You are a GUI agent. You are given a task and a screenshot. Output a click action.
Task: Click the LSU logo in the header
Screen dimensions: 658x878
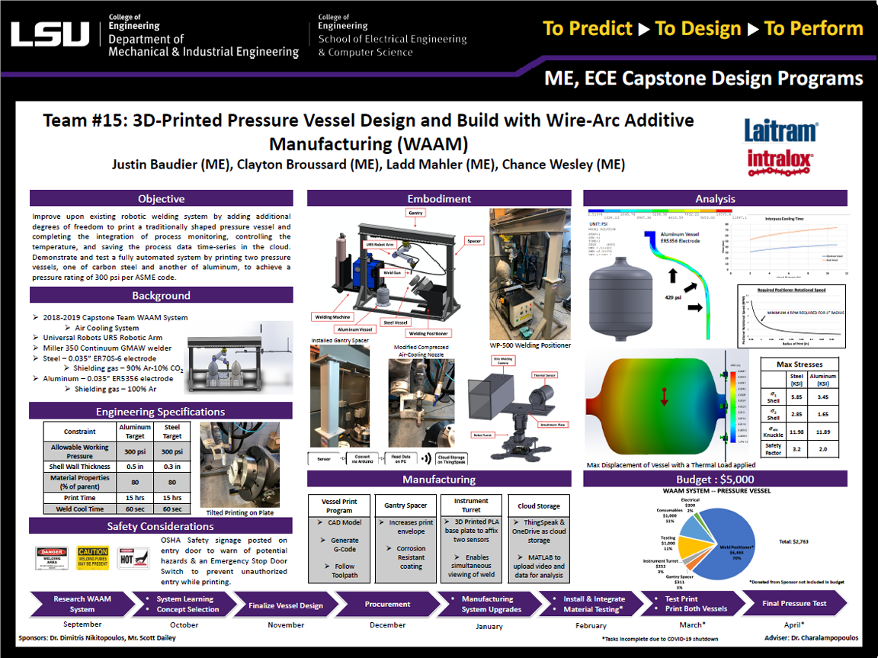(50, 34)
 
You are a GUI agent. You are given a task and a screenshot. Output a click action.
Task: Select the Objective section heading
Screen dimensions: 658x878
(161, 199)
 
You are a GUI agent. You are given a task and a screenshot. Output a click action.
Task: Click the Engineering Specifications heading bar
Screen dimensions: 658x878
(161, 412)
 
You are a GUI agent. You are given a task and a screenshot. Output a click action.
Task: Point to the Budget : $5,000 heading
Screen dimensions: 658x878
(715, 480)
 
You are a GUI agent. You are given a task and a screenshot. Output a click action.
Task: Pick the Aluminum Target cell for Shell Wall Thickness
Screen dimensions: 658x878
(135, 467)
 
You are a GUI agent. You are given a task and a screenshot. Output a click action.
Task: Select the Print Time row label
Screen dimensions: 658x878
(80, 497)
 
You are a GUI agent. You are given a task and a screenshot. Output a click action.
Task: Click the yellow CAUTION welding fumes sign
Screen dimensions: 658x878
(92, 557)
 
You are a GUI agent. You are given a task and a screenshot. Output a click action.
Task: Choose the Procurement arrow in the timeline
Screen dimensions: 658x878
(387, 605)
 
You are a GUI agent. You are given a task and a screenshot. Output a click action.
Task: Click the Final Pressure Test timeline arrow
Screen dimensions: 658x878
(794, 604)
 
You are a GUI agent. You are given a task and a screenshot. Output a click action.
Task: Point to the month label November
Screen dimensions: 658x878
(286, 624)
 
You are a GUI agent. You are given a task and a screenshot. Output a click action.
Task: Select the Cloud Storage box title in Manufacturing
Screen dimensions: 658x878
(539, 506)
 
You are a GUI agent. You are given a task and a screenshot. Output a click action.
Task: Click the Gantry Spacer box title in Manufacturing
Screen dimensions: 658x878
(406, 506)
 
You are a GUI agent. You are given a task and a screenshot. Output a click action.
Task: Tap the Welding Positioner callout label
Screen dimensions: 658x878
(428, 333)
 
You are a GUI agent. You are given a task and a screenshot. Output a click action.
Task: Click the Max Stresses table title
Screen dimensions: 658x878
(799, 364)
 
